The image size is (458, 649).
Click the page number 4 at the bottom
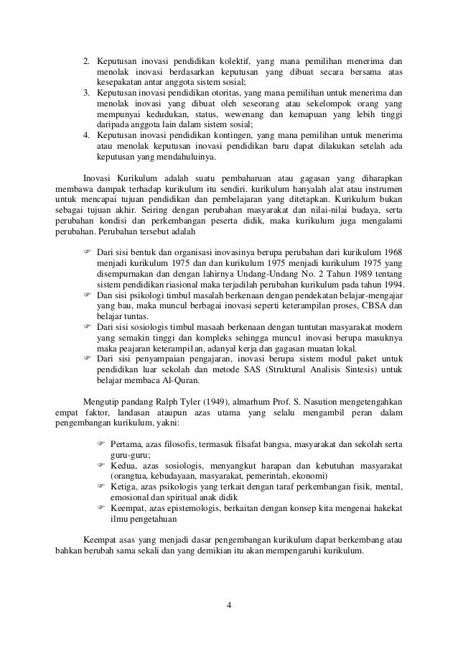point(229,602)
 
